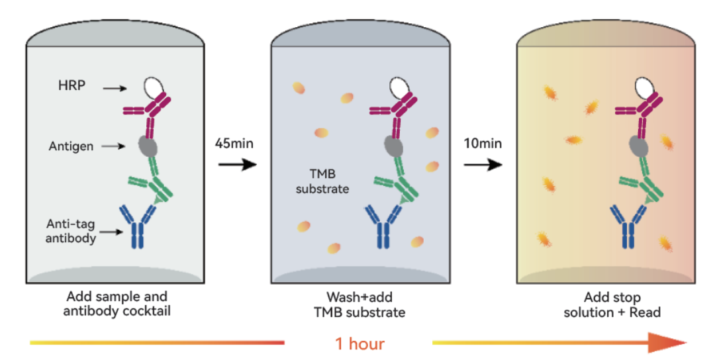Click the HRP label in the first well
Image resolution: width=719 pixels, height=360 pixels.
(72, 85)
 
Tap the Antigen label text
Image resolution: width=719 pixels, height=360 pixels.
(71, 146)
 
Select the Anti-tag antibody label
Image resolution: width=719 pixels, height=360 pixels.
(71, 231)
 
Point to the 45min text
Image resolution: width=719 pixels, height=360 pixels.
(234, 143)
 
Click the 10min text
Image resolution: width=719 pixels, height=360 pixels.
(483, 143)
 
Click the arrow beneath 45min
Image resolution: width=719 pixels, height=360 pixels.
(238, 164)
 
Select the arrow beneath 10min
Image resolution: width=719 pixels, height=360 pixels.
(483, 164)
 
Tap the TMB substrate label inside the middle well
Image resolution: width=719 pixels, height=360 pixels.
(322, 181)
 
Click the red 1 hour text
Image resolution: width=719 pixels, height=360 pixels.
(360, 343)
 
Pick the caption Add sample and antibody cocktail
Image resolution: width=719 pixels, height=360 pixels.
(117, 304)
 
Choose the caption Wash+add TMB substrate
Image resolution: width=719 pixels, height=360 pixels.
(359, 304)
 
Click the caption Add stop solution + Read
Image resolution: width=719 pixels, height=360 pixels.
(612, 304)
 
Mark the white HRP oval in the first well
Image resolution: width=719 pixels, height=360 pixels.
(154, 87)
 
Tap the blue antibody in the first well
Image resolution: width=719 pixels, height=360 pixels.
(138, 226)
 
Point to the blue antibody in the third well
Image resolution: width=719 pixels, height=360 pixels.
(629, 226)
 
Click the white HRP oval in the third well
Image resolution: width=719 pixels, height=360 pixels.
(644, 87)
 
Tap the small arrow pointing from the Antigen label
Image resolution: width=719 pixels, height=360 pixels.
(113, 146)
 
